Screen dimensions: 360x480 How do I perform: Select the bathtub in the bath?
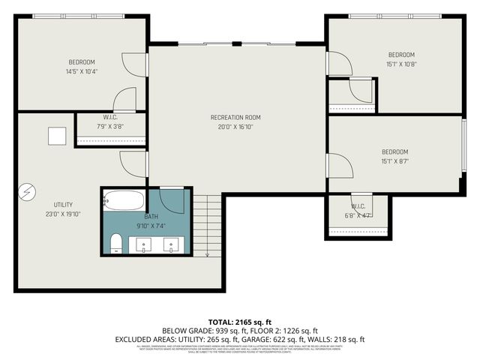pos(124,201)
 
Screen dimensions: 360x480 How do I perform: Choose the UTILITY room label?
pos(63,204)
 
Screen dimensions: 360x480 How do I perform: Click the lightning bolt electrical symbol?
pos(27,193)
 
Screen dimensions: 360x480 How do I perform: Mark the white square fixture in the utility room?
pos(57,136)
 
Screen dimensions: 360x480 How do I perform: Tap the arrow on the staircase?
pos(207,252)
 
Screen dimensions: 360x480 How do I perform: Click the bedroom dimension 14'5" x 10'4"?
pos(82,71)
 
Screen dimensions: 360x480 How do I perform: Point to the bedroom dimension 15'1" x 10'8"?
pos(400,64)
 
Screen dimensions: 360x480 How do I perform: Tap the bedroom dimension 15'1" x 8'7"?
pos(395,161)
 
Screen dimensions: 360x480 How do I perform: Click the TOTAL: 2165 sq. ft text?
pos(239,321)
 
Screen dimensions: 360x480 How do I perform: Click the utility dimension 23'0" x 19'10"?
pos(63,214)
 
